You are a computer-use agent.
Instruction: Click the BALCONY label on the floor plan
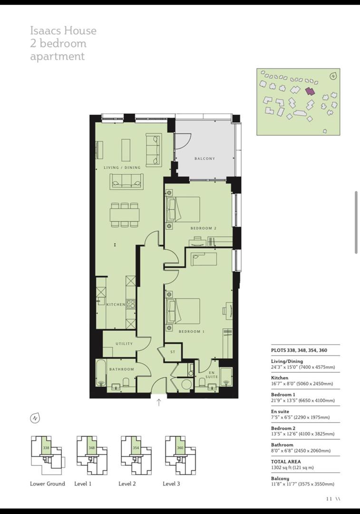click(204, 158)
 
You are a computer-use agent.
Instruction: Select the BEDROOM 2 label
click(203, 228)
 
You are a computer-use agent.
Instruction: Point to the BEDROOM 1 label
click(191, 331)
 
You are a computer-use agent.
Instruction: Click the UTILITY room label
click(124, 344)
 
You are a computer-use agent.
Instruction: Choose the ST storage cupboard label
click(173, 352)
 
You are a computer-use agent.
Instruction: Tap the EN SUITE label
click(212, 374)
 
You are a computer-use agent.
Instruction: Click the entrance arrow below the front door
click(159, 403)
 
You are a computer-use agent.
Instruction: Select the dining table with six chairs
click(125, 215)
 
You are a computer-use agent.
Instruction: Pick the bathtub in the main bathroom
click(101, 374)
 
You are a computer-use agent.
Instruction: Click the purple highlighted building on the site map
click(310, 90)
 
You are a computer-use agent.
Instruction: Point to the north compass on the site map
click(334, 75)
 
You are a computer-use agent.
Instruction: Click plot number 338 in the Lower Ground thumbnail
click(46, 448)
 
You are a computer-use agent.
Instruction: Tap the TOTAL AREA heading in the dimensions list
click(285, 462)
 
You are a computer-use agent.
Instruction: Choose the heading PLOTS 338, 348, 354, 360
click(299, 350)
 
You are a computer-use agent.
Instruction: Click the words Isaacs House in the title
click(63, 31)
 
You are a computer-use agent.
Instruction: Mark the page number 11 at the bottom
click(329, 499)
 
